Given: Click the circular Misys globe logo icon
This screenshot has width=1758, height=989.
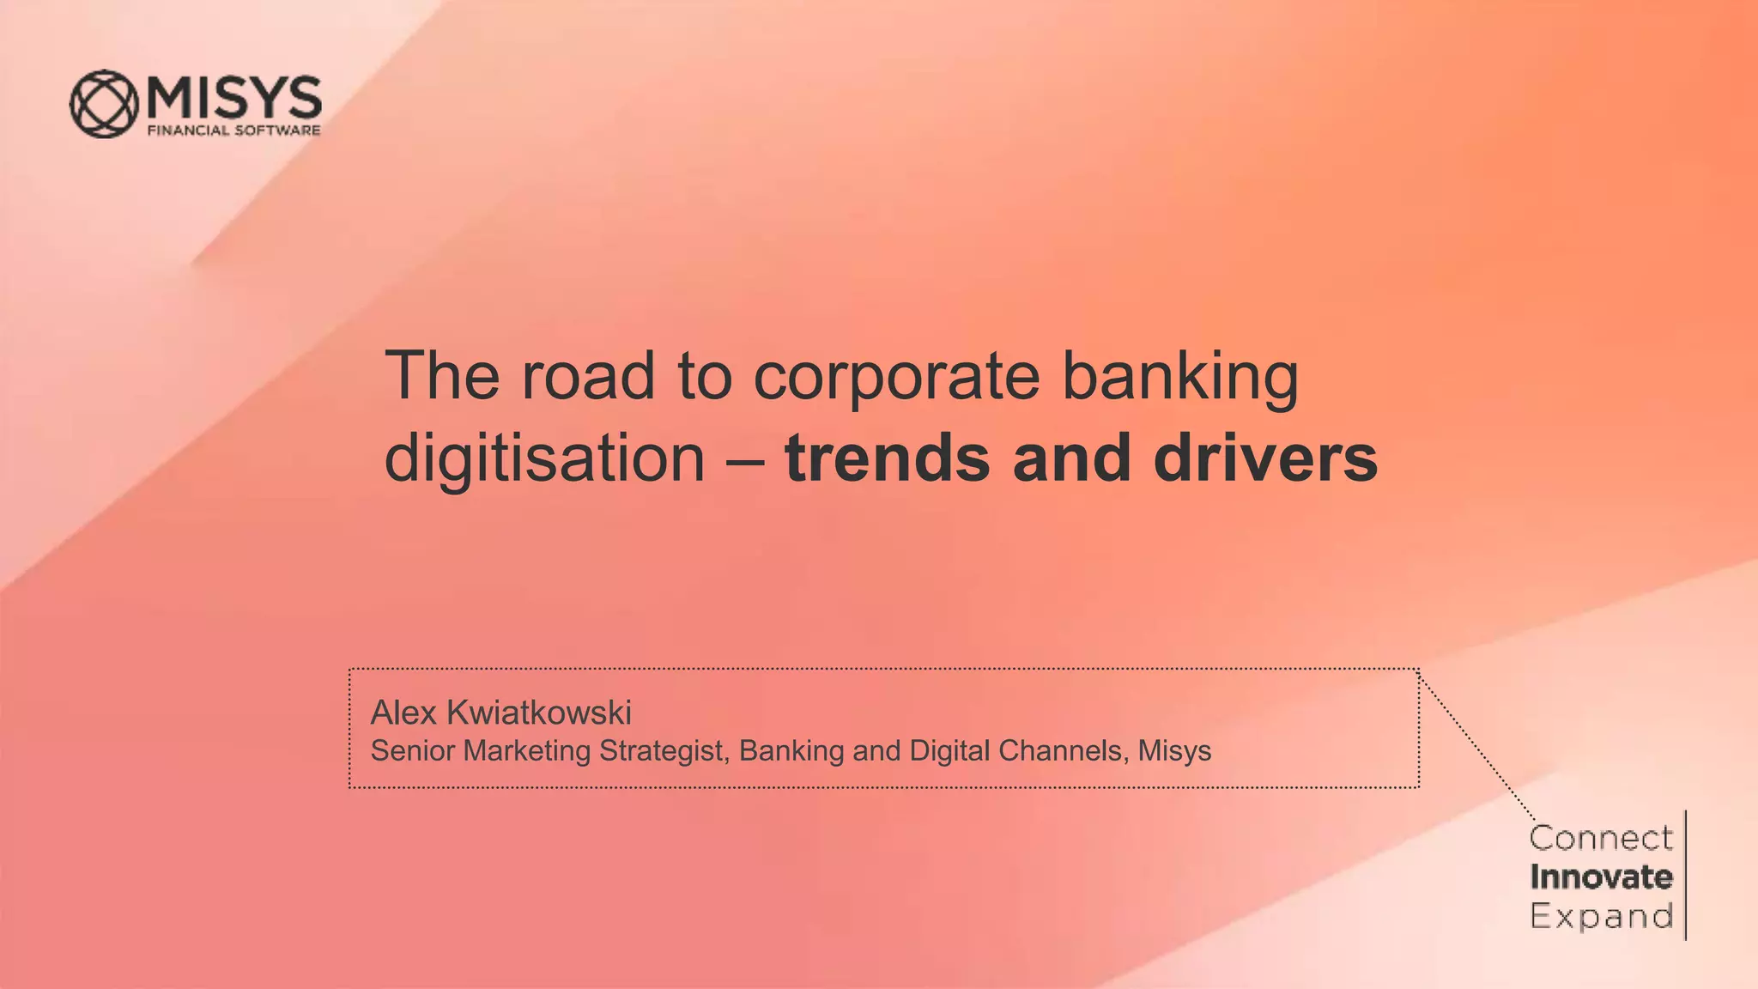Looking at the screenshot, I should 104,104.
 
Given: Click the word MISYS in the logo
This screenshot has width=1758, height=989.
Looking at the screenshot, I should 234,97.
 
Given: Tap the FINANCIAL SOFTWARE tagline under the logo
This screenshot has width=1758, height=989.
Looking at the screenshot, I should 234,130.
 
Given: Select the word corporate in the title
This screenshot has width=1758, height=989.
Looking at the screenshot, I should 896,378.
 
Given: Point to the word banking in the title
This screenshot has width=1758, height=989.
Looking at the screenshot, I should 1180,378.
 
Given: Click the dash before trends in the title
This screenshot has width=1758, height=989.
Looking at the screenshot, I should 744,460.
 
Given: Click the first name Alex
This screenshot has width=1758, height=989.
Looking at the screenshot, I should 403,713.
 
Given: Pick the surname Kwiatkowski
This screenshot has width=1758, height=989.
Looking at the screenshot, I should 539,713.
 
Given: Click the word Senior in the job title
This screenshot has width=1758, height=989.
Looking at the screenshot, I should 412,751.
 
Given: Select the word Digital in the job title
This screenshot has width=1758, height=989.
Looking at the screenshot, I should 949,752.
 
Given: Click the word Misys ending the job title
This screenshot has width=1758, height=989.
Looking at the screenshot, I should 1174,752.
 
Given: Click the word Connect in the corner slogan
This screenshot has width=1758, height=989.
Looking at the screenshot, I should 1601,838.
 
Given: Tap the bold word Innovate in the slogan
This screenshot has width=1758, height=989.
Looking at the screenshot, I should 1601,877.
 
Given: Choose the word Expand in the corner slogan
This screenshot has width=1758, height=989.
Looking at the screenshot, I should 1601,916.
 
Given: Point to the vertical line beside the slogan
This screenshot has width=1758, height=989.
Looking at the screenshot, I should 1686,876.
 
